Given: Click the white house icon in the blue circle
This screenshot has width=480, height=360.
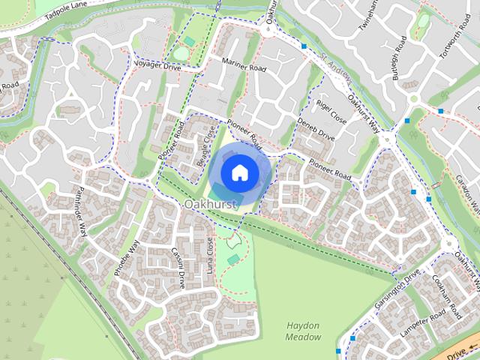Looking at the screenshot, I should pyautogui.click(x=239, y=172).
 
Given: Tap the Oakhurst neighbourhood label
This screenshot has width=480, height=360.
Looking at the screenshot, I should pyautogui.click(x=211, y=204).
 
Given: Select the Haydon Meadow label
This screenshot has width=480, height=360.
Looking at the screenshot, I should pyautogui.click(x=303, y=331).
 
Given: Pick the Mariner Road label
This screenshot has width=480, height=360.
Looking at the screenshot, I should pyautogui.click(x=244, y=67).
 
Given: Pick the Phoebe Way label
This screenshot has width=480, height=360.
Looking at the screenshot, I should pyautogui.click(x=127, y=259).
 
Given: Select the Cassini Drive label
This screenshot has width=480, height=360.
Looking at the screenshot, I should pyautogui.click(x=178, y=268).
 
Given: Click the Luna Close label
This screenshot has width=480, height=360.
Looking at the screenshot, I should pyautogui.click(x=211, y=254).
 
